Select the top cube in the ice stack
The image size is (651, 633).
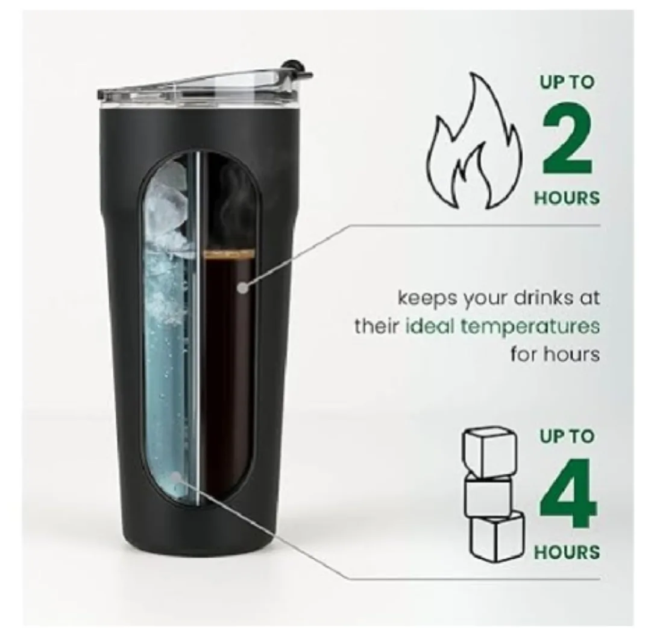[x=488, y=451]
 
